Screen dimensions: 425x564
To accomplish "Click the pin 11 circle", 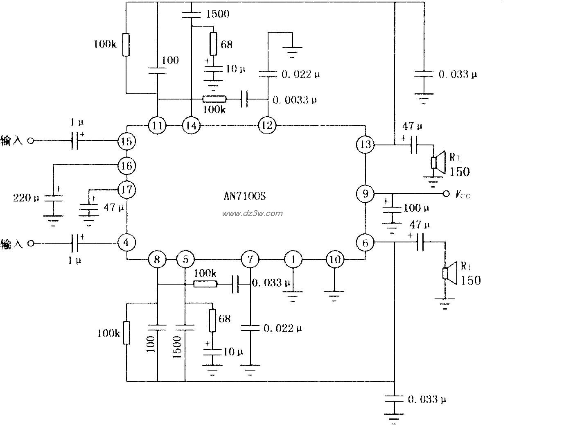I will (x=157, y=125).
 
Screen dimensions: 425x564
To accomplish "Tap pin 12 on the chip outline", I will (x=267, y=125).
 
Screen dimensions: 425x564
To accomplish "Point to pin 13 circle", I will (x=365, y=145).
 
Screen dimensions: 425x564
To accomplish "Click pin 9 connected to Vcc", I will (x=365, y=193).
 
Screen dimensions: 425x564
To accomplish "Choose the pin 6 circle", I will (x=365, y=242).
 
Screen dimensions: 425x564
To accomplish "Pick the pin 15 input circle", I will (x=126, y=141).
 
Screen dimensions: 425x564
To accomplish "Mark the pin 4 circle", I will (x=126, y=242).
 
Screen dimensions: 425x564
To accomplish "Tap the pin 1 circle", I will (x=293, y=259).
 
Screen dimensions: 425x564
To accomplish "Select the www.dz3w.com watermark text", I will (x=252, y=213).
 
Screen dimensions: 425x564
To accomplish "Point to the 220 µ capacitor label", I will (x=27, y=198).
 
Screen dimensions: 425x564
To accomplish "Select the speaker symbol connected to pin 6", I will (x=449, y=274).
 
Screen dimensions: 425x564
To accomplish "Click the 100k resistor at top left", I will (x=126, y=44).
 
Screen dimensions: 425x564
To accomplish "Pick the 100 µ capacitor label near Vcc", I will (x=416, y=208).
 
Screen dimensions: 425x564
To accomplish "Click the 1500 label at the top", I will (x=218, y=14).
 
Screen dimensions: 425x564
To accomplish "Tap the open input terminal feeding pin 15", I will (x=30, y=141).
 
